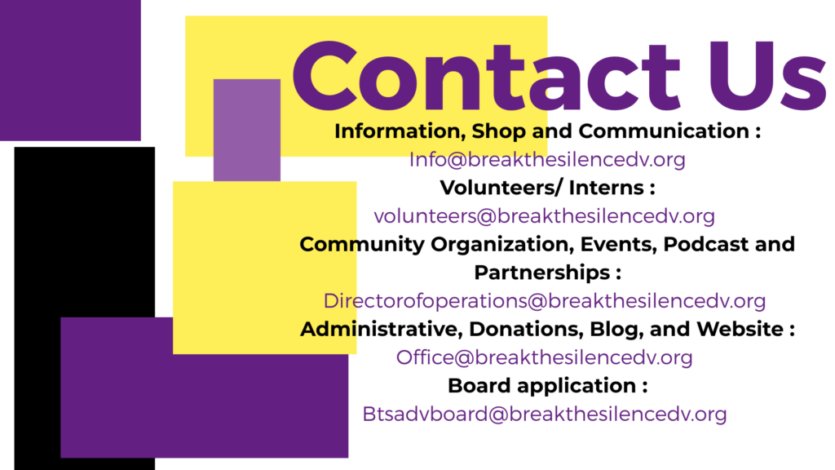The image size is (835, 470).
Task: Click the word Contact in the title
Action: [x=486, y=75]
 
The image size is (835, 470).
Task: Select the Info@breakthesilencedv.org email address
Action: [x=547, y=159]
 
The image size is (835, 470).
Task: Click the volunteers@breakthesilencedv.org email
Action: [x=544, y=215]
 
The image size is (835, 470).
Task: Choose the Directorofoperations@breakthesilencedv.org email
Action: [x=544, y=300]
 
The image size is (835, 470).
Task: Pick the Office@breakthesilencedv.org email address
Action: [x=544, y=357]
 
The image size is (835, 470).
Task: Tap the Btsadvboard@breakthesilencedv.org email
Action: [x=544, y=414]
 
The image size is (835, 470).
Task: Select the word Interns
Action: [x=607, y=188]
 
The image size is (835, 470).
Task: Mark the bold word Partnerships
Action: [x=542, y=273]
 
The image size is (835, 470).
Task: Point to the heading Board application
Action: [x=541, y=386]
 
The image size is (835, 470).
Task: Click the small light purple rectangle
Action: [x=247, y=130]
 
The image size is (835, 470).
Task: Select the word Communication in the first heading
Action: [x=664, y=131]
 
